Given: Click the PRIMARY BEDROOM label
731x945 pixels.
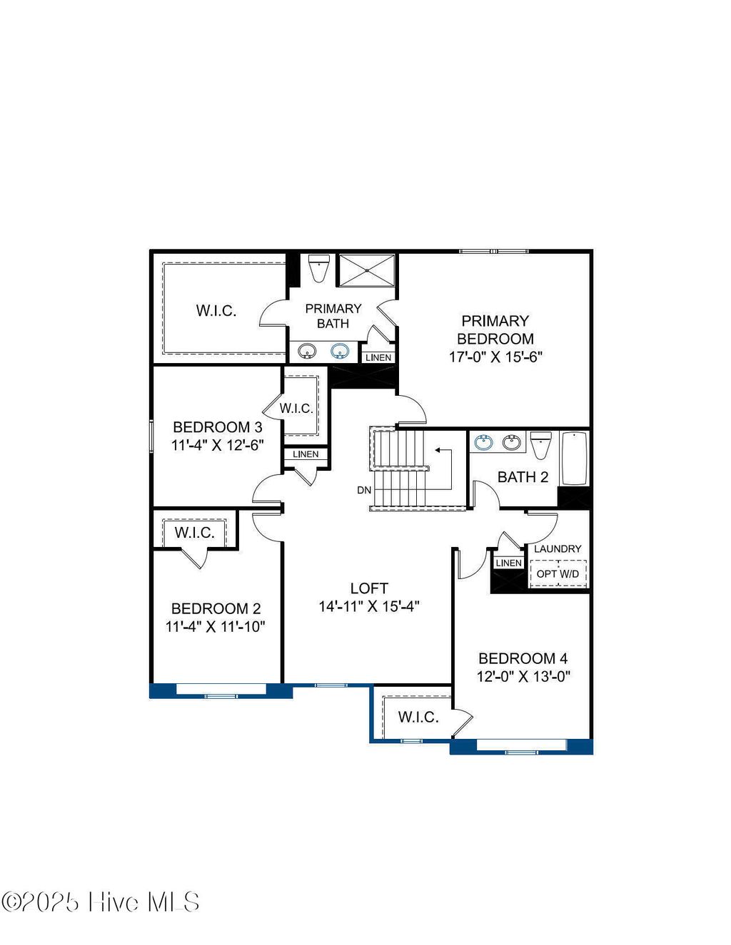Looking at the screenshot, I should (x=495, y=330).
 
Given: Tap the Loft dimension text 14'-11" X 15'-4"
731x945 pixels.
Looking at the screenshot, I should (x=368, y=607).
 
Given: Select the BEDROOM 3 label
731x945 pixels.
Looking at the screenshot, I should (x=217, y=427).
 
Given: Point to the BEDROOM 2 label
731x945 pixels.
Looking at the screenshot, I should (x=216, y=608).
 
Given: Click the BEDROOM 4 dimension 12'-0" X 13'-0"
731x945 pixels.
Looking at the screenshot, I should (x=523, y=677).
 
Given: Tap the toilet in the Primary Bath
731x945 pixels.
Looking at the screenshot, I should (x=318, y=268).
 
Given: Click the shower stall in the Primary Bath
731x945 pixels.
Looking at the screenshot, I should (x=366, y=270).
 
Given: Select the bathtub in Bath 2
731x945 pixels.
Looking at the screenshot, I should (x=574, y=458).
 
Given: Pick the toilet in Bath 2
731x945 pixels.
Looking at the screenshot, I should (x=541, y=445).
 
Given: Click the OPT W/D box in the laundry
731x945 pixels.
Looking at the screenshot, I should (x=558, y=574).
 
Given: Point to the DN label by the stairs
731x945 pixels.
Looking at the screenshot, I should (x=364, y=491).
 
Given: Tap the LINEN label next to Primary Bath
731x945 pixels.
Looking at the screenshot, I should (x=378, y=357).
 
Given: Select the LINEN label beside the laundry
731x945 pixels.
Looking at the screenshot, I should (x=508, y=563).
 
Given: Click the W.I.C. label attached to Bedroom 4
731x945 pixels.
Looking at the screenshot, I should (x=418, y=717).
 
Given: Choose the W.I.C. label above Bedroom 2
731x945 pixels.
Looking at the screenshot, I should (x=194, y=533).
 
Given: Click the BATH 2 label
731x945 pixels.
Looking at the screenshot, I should (x=523, y=477).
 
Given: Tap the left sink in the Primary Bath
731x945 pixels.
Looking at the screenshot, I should (x=307, y=351).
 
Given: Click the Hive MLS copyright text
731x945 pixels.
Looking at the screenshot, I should (x=101, y=902).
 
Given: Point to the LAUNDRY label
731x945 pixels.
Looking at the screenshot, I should (x=558, y=548).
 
